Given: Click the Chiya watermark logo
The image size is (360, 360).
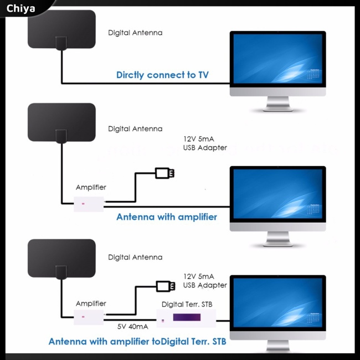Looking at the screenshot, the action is tap(20, 9).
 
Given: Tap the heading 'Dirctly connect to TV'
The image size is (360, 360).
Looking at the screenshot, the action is tap(162, 75).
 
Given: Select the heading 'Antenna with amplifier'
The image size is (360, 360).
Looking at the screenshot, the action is tap(167, 217).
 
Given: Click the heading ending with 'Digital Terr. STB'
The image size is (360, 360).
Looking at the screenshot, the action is tap(137, 341).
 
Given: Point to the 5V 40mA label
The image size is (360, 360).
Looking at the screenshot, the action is tap(133, 326).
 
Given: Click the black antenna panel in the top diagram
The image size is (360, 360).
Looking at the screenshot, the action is tap(61, 29).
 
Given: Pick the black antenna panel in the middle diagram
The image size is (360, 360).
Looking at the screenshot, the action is tap(61, 122).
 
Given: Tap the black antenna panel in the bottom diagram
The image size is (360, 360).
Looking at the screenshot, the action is tap(61, 259).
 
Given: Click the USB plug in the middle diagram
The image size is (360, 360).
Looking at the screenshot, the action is tap(164, 173).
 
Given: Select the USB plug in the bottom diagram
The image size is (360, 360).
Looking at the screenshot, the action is tap(166, 286).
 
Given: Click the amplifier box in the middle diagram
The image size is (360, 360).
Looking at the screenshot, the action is tap(89, 204).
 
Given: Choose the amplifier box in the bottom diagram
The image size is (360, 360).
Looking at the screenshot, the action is tap(89, 317).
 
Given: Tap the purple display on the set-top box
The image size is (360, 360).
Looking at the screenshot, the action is tap(187, 317).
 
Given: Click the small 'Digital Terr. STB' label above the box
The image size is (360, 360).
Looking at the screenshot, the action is tap(187, 305).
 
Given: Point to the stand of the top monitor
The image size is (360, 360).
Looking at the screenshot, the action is tap(278, 104).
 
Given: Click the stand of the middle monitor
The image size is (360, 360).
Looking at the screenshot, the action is tap(278, 239).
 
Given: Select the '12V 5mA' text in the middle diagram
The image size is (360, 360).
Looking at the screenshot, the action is tap(199, 139).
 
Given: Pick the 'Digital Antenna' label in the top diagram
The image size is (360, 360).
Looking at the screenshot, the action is tap(135, 33).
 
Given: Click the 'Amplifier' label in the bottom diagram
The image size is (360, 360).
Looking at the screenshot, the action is tap(91, 304).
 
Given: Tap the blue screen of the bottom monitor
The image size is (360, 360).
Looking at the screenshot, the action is tap(278, 302).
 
